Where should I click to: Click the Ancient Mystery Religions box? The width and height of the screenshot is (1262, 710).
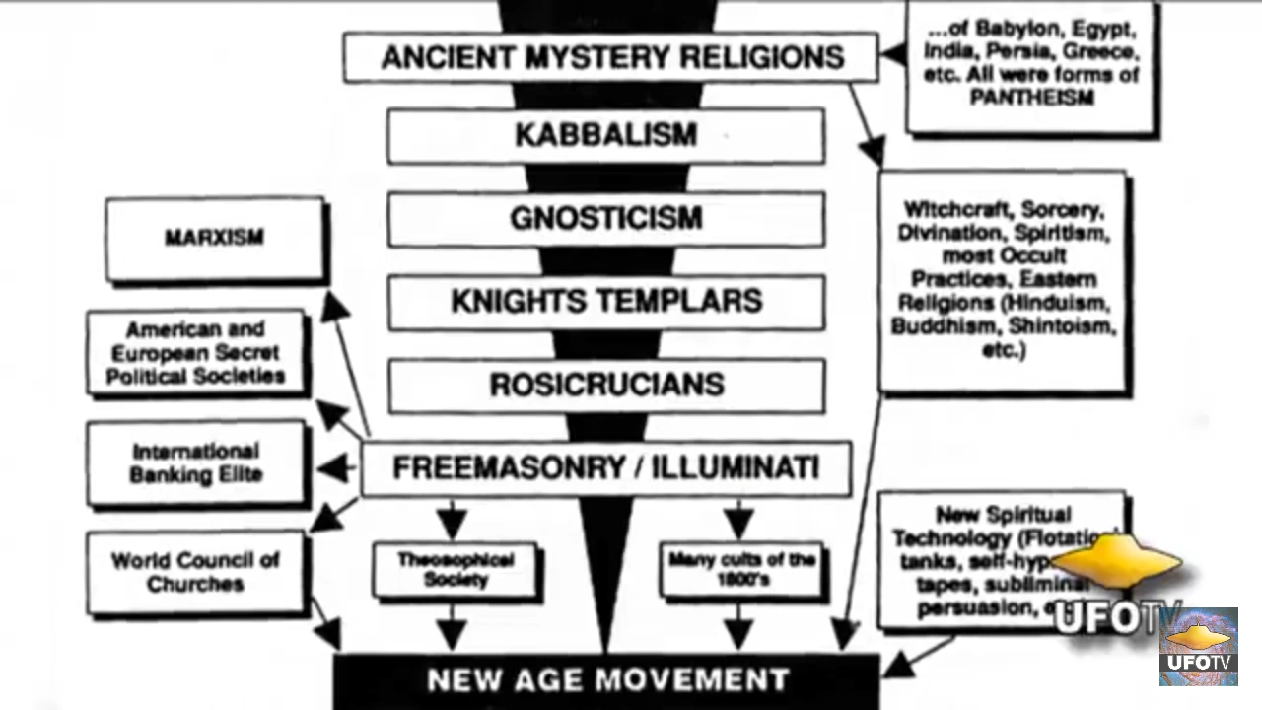coord(611,57)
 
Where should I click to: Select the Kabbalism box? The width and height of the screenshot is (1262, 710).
coord(605,135)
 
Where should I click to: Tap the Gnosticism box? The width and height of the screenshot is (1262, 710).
coord(605,218)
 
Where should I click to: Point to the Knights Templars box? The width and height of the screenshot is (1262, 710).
coord(605,301)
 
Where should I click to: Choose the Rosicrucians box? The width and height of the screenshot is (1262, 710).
coord(605,385)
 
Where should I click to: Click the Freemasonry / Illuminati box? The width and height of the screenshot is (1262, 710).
coord(605,467)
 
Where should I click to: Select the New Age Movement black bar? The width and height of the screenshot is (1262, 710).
coord(606,680)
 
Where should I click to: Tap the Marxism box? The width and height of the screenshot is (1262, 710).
coord(215,239)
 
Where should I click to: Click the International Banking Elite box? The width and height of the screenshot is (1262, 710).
coord(197,463)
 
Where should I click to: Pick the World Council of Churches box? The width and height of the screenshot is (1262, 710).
coord(196,572)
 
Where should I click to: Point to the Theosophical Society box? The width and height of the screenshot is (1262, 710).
coord(456,569)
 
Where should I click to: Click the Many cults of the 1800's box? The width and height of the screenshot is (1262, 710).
coord(741,569)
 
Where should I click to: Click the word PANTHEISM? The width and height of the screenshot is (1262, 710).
coord(1031,97)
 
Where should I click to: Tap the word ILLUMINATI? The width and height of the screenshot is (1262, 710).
coord(748,466)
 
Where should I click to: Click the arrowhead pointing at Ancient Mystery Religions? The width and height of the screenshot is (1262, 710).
coord(892,53)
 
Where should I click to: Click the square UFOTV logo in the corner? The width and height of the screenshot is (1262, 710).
coord(1199,647)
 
